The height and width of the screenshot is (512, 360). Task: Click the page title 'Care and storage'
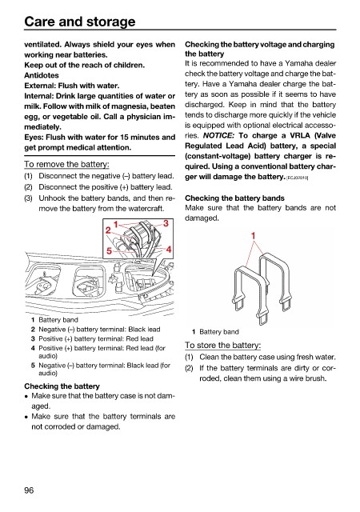(x=80, y=22)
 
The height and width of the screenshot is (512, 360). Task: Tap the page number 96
(x=29, y=490)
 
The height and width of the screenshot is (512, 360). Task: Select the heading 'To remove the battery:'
(x=66, y=164)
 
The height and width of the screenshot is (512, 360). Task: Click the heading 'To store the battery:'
(x=222, y=345)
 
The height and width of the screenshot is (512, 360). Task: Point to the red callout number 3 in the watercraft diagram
(x=166, y=223)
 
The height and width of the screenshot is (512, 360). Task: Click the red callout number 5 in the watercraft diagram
(x=109, y=250)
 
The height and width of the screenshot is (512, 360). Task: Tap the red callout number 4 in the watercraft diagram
(x=169, y=250)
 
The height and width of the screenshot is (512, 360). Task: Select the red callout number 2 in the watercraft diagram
(x=108, y=230)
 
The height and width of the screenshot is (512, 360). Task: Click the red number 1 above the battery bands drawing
(x=253, y=235)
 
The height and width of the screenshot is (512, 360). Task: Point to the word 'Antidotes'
(x=42, y=75)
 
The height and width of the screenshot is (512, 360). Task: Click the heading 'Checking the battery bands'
(x=234, y=198)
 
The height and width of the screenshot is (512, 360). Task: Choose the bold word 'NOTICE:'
(x=218, y=135)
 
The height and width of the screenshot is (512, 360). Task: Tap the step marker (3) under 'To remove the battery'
(x=29, y=198)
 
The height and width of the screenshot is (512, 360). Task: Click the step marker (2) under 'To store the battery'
(x=189, y=368)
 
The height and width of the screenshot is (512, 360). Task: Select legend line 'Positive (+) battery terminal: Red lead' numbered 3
(x=96, y=338)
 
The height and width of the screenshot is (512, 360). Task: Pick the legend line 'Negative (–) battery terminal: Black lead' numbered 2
(x=100, y=329)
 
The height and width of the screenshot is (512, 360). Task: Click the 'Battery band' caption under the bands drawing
(x=219, y=332)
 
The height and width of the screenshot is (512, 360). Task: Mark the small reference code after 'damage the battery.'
(x=298, y=178)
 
